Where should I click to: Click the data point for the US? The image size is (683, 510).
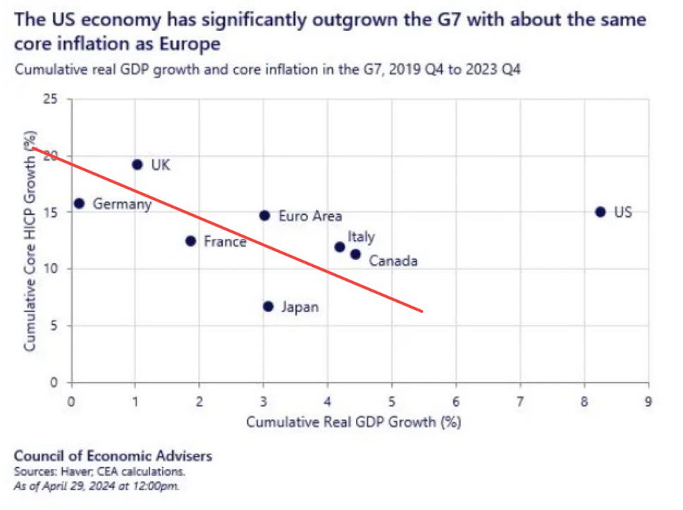pyautogui.click(x=600, y=212)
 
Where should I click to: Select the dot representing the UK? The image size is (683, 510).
pyautogui.click(x=137, y=165)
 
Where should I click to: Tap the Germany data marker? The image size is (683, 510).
pyautogui.click(x=79, y=204)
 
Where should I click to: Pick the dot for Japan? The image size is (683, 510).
pyautogui.click(x=268, y=306)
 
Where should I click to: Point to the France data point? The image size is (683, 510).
pyautogui.click(x=190, y=241)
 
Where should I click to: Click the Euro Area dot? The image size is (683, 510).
pyautogui.click(x=264, y=216)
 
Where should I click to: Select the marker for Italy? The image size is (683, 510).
pyautogui.click(x=340, y=247)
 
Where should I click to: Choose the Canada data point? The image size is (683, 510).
pyautogui.click(x=355, y=254)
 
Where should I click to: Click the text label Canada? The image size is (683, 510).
pyautogui.click(x=393, y=261)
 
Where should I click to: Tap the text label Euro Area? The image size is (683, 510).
pyautogui.click(x=310, y=216)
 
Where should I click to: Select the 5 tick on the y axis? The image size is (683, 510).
pyautogui.click(x=55, y=326)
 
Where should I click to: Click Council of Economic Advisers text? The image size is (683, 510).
pyautogui.click(x=113, y=456)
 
